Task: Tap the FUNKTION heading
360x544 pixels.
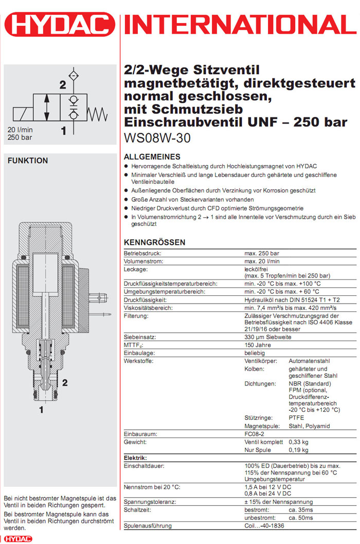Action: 28,161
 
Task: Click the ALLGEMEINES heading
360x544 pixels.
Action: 152,156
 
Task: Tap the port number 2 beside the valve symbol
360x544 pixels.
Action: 63,85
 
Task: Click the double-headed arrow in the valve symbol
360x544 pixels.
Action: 48,107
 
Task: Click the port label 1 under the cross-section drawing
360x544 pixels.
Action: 41,410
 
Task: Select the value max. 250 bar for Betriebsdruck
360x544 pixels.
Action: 262,254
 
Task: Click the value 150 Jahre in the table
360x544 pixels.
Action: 257,345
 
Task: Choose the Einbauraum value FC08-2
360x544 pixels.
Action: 255,434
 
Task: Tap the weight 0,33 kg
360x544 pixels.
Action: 298,442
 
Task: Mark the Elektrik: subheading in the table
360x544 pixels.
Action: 136,458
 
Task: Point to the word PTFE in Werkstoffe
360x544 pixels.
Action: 296,417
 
